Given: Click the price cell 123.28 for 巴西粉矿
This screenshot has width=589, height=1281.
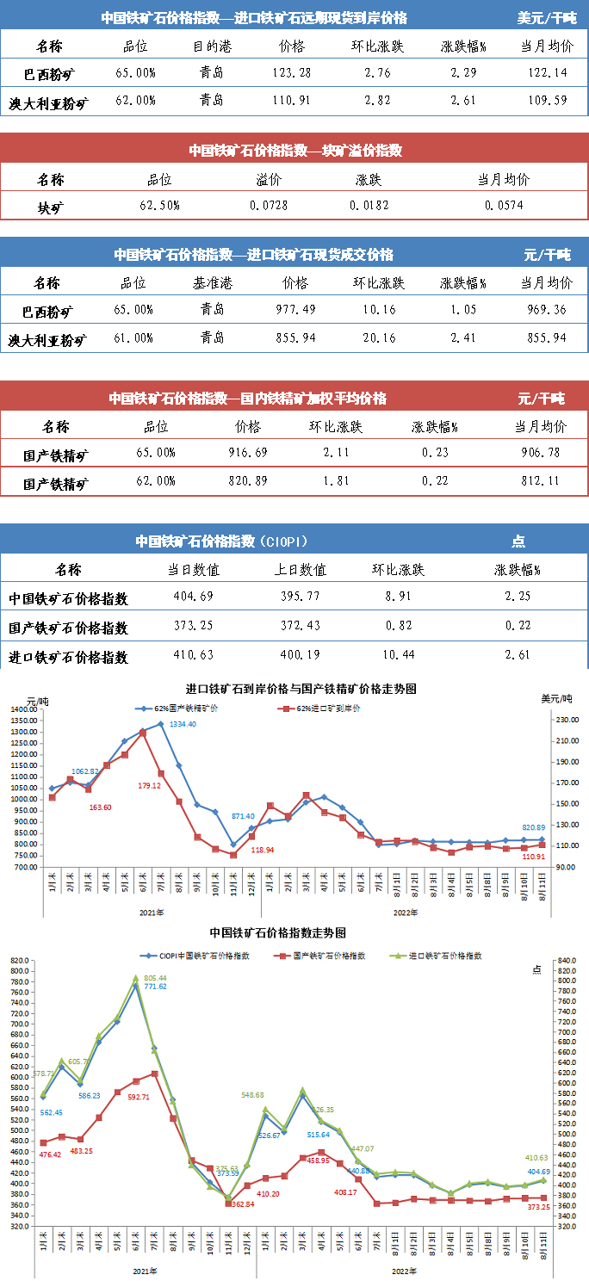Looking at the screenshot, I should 292,72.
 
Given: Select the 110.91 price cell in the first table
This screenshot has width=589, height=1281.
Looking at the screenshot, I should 292,101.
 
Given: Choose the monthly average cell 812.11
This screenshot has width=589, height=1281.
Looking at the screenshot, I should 541,481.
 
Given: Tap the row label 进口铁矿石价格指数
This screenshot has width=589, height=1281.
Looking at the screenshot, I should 68,656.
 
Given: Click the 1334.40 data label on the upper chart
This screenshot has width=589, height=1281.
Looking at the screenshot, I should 180,724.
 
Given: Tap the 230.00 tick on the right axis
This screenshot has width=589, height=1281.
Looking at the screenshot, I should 561,719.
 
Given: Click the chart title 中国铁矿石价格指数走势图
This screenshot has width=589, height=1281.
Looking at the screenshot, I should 277,933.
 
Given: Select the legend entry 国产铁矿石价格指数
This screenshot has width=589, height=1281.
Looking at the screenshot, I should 328,956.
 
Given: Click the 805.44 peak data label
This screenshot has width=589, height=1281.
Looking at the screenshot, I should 156,978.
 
